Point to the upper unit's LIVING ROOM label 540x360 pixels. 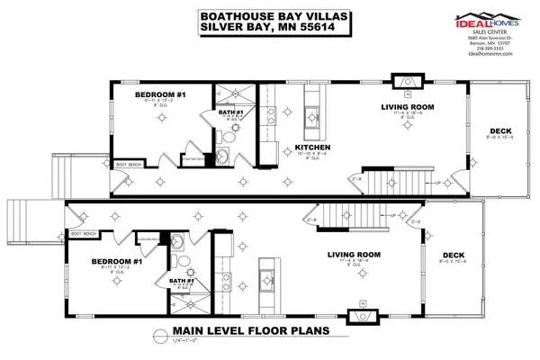pos(402,106)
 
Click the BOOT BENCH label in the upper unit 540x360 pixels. pos(130,165)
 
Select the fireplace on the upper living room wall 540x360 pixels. pos(409,80)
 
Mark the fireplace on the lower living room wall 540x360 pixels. pos(362,317)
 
